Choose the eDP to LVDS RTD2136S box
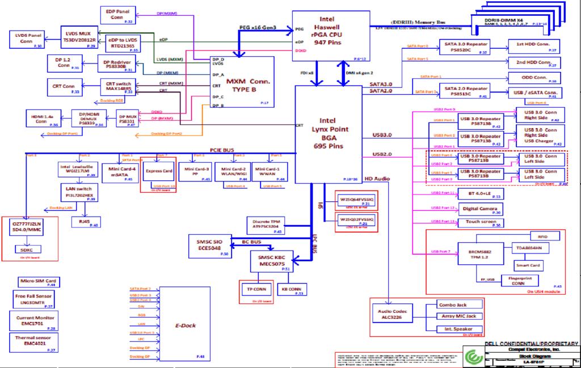tap(123, 44)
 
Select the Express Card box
tap(159, 171)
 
